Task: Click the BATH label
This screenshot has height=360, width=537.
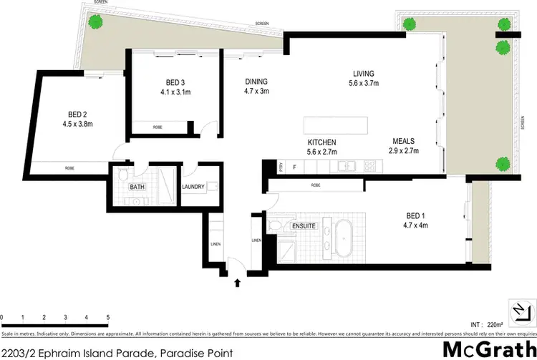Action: point(137,188)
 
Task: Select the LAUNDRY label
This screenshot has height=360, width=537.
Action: point(194,188)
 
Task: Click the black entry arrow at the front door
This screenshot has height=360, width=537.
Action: point(237,284)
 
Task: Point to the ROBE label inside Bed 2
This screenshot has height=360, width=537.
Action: point(70,167)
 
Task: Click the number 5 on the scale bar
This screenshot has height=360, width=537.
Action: point(107,317)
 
